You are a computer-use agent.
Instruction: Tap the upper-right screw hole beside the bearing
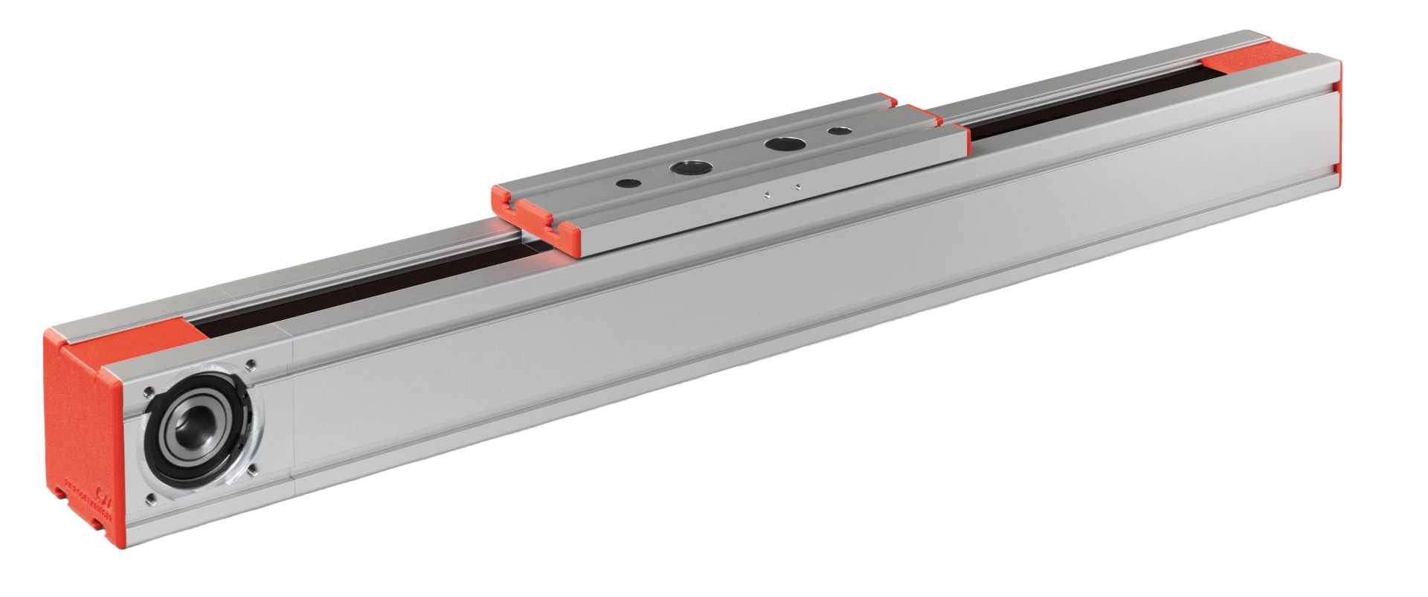click(x=250, y=365)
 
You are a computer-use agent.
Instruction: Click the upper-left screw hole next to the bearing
click(x=150, y=390)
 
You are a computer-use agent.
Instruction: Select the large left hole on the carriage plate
click(x=686, y=167)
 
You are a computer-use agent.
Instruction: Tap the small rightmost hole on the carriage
click(x=839, y=130)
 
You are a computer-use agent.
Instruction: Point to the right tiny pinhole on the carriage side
click(x=797, y=187)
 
